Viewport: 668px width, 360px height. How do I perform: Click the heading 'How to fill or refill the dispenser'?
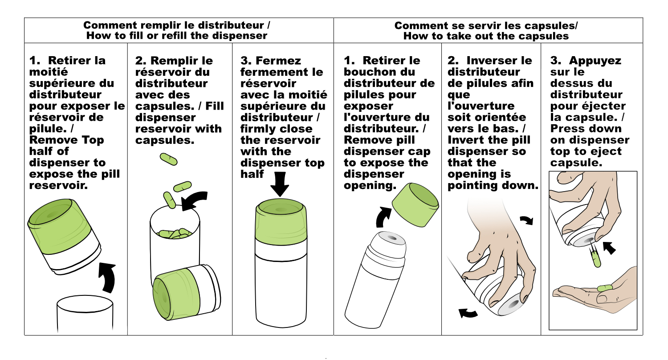pos(177,36)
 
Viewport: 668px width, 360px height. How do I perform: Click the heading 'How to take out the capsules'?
pos(486,36)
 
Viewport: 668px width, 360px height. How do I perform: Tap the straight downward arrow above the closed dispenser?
pos(280,184)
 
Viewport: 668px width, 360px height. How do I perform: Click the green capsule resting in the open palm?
pos(605,288)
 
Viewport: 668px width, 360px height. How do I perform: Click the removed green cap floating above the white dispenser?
pos(415,205)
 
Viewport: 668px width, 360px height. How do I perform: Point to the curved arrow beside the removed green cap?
pos(383,217)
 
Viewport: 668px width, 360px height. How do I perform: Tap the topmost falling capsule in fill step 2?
pos(168,159)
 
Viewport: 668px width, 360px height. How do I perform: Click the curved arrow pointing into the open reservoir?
pos(194,200)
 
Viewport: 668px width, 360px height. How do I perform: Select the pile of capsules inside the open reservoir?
pos(175,233)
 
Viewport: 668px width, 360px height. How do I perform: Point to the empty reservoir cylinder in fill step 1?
pos(85,313)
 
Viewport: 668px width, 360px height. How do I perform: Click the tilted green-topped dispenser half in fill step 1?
pos(64,236)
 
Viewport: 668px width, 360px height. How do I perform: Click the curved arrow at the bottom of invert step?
pos(468,313)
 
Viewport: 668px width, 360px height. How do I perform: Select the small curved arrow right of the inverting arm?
pos(527,220)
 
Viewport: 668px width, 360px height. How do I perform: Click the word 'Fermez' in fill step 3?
pos(278,61)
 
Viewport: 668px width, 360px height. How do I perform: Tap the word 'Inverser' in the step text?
pos(499,61)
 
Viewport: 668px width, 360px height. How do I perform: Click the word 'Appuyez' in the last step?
pos(595,61)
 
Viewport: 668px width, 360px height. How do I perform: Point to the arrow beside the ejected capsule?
pos(609,248)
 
